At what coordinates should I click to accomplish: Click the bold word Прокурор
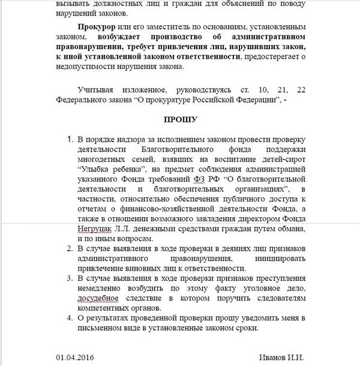point(96,28)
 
